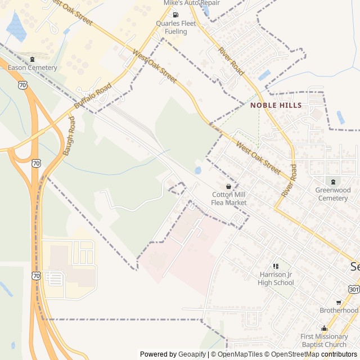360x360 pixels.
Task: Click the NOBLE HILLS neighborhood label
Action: pos(276,105)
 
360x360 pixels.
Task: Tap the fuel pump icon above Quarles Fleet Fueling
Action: pos(175,15)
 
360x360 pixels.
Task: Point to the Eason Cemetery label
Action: pos(32,67)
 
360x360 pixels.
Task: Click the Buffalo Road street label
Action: pos(93,97)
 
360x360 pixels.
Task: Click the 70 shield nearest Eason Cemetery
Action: pos(22,85)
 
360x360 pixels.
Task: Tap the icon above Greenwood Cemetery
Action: pos(332,181)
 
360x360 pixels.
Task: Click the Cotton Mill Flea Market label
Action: pos(228,199)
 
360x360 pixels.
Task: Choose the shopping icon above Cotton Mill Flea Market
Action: pos(228,186)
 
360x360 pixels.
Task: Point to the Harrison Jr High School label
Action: pos(276,278)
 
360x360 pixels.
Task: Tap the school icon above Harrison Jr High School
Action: pos(276,266)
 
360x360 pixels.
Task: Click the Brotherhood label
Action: pos(339,310)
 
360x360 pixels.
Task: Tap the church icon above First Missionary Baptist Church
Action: pos(323,328)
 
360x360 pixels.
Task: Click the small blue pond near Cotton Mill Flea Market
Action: pos(197,170)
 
